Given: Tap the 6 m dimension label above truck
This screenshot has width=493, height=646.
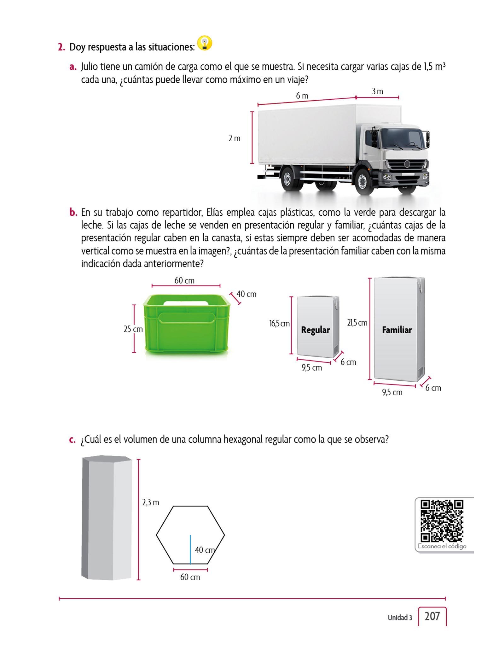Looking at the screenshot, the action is tap(302, 96).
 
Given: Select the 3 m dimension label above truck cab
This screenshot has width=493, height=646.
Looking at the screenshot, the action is tap(377, 91).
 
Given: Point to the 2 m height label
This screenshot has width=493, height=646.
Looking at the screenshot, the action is tap(234, 138).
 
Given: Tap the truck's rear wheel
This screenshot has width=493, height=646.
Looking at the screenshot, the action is tap(289, 179).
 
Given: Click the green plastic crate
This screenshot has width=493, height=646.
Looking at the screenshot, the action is tap(187, 325).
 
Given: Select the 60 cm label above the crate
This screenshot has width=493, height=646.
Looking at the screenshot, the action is tap(184, 280).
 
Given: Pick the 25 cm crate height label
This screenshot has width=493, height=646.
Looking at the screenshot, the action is tap(133, 329).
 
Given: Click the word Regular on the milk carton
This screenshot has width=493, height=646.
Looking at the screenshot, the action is tap(315, 330).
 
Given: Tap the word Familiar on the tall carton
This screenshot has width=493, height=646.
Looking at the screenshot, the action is tap(397, 330).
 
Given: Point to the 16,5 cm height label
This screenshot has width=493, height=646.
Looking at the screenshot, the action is tap(279, 323).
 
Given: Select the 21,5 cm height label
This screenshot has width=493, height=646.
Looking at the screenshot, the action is tap(357, 323).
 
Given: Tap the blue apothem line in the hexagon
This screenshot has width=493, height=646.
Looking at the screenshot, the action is tap(190, 549).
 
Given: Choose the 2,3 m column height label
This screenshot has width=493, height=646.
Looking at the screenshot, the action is tap(151, 502).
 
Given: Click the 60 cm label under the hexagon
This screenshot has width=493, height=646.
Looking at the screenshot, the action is tap(190, 577).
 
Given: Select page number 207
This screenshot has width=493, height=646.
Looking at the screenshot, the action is tap(432, 616).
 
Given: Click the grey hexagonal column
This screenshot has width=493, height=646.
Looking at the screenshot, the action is tap(107, 518).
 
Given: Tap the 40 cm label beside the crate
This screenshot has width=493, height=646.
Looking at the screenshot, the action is tap(246, 294).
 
